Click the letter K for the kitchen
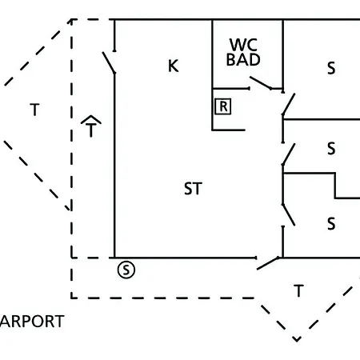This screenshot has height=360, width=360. (174, 66)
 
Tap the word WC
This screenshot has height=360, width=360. (243, 45)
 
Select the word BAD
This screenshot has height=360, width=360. (243, 60)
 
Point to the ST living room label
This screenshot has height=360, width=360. (193, 189)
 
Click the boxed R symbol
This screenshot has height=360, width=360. (223, 106)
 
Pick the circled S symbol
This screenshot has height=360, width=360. (126, 270)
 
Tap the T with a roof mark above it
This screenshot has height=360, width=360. (91, 126)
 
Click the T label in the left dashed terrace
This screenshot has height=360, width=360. (34, 110)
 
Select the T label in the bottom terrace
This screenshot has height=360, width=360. (298, 290)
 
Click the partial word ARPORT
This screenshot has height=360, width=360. (32, 322)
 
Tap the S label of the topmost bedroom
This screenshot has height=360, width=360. (331, 68)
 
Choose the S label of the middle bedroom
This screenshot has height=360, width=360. (331, 149)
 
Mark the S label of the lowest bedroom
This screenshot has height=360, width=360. (331, 224)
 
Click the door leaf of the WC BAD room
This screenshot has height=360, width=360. (261, 82)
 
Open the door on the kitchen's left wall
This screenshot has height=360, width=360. (109, 62)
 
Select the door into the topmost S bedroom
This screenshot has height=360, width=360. (289, 104)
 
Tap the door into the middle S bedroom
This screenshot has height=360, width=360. (289, 154)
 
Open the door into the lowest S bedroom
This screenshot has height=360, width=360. (289, 215)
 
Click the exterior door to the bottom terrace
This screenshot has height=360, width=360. (268, 263)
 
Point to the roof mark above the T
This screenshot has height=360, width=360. (91, 119)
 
